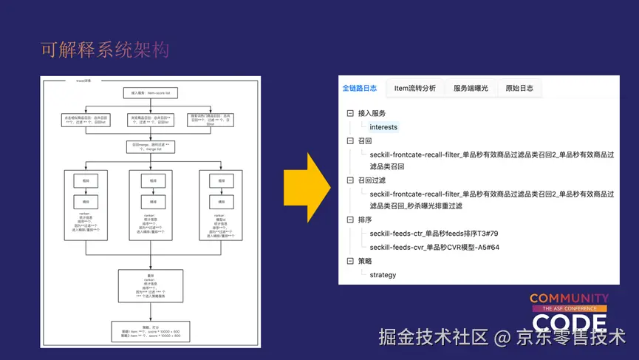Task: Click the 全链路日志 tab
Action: click(x=360, y=89)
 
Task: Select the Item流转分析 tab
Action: click(x=414, y=89)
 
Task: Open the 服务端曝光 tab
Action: click(x=471, y=89)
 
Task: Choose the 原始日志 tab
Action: click(x=519, y=89)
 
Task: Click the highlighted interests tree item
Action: click(x=383, y=127)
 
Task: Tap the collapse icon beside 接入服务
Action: click(x=349, y=114)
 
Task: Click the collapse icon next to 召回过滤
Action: click(x=349, y=180)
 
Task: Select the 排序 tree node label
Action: click(x=365, y=220)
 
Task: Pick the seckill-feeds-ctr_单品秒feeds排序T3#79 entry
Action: click(x=434, y=234)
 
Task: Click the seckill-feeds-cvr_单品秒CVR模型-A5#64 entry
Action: click(x=434, y=248)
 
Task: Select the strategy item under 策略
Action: click(x=383, y=275)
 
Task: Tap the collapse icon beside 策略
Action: click(x=349, y=261)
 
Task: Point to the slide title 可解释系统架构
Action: click(x=105, y=50)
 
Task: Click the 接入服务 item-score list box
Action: click(x=150, y=93)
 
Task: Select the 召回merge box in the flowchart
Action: click(x=150, y=146)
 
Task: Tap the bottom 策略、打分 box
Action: click(x=150, y=330)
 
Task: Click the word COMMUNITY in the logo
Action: click(x=569, y=298)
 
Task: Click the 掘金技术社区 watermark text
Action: click(x=434, y=337)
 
